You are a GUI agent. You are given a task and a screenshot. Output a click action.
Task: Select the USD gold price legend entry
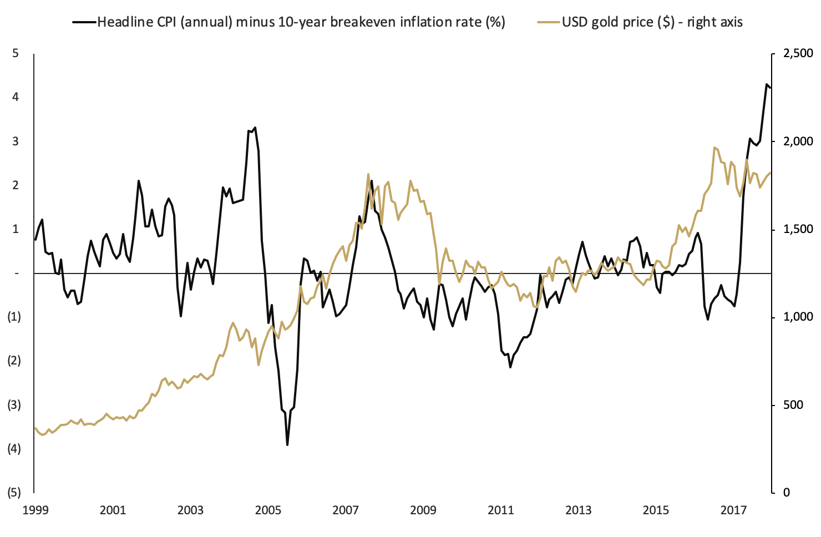pos(652,22)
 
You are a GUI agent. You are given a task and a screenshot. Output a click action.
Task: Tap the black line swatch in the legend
pos(84,22)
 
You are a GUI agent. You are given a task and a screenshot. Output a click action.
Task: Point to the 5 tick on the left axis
pos(16,53)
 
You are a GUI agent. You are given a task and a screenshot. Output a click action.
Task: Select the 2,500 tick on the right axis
pos(798,53)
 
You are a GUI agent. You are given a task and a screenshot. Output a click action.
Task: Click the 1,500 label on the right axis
pos(798,229)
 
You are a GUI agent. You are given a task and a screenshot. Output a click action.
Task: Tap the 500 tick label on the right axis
pos(793,405)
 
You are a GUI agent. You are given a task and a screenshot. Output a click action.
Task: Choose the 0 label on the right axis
pos(786,493)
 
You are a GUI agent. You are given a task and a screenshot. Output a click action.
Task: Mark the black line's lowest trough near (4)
pos(287,444)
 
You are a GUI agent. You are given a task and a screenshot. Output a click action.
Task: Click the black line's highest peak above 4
pos(767,85)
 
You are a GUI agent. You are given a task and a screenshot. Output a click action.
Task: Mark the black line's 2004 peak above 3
pos(255,128)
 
